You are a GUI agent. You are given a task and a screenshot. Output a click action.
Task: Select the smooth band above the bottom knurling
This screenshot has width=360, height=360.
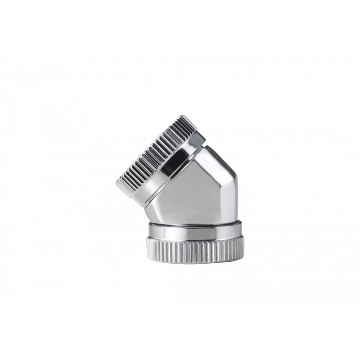[195, 231]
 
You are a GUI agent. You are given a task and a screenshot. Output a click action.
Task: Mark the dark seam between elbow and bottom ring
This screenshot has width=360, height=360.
[195, 223]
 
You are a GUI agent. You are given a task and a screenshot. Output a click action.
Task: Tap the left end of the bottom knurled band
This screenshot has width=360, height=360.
[147, 249]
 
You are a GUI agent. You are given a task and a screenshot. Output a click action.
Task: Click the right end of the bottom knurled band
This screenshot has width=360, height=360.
[243, 249]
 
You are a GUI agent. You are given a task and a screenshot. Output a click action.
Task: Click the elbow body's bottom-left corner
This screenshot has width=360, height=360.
[150, 221]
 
